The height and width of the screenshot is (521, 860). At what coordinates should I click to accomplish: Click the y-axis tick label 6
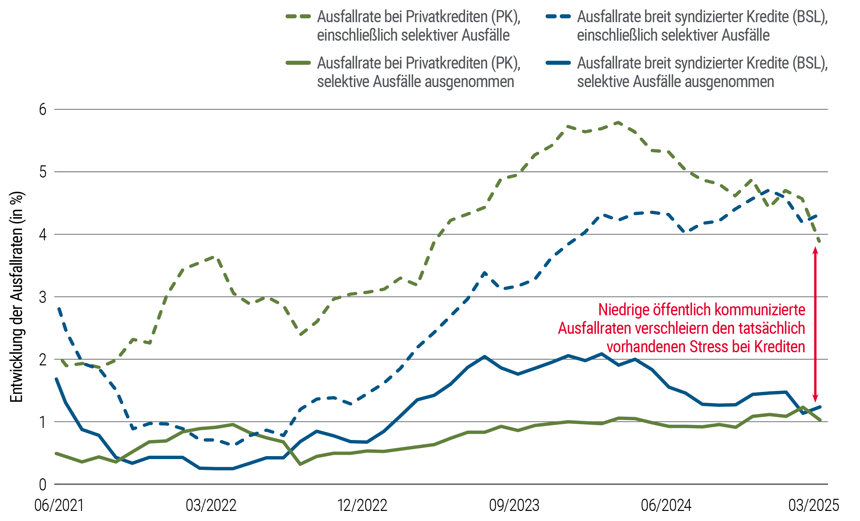pyautogui.click(x=43, y=110)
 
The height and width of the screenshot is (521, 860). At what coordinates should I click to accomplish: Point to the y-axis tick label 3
pyautogui.click(x=43, y=297)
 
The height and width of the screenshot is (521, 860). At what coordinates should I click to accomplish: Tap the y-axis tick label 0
pyautogui.click(x=43, y=485)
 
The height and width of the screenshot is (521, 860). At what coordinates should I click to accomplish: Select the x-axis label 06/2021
pyautogui.click(x=59, y=505)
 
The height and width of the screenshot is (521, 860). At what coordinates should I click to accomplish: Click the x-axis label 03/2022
pyautogui.click(x=211, y=505)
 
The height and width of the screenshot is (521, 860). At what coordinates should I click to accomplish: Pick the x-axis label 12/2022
pyautogui.click(x=362, y=505)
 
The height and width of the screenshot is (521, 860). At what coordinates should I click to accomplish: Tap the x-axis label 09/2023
pyautogui.click(x=514, y=505)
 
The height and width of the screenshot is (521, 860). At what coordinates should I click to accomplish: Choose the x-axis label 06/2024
pyautogui.click(x=665, y=505)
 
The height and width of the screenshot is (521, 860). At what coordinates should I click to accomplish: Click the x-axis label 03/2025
pyautogui.click(x=813, y=505)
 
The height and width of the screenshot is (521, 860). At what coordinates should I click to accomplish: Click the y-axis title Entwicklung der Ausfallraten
pyautogui.click(x=17, y=297)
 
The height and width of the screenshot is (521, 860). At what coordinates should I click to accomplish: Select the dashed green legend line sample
pyautogui.click(x=298, y=16)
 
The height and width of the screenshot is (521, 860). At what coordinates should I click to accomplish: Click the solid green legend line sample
pyautogui.click(x=298, y=63)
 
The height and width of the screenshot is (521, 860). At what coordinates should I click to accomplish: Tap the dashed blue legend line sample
pyautogui.click(x=558, y=16)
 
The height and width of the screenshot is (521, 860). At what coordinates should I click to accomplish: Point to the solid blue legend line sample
pyautogui.click(x=558, y=63)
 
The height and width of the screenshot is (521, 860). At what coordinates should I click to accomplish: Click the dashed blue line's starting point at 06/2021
pyautogui.click(x=59, y=308)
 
